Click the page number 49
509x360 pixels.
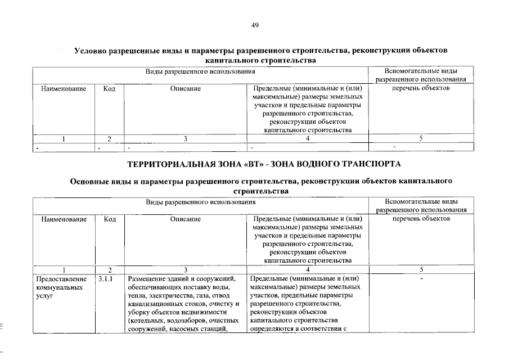click(x=254, y=25)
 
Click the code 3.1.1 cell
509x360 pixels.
click(x=105, y=278)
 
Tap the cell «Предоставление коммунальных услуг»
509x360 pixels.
click(x=62, y=287)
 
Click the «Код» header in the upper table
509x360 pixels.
click(x=110, y=88)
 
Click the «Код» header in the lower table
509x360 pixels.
click(x=110, y=219)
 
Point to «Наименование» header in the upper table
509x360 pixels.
click(x=64, y=88)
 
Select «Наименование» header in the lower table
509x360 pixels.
click(x=64, y=219)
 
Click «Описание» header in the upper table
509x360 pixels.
click(x=186, y=88)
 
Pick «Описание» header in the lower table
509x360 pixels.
click(x=186, y=219)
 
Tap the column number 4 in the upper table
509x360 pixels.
click(x=308, y=138)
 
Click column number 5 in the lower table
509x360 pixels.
click(x=421, y=269)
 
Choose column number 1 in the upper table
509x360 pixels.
click(x=64, y=138)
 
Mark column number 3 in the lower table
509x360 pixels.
click(x=186, y=269)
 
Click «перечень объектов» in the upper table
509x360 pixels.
click(x=421, y=88)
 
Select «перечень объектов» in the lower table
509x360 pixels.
click(x=421, y=219)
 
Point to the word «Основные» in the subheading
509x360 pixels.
click(x=89, y=182)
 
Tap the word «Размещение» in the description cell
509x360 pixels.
click(x=147, y=278)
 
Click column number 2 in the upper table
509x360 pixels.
click(x=110, y=138)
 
